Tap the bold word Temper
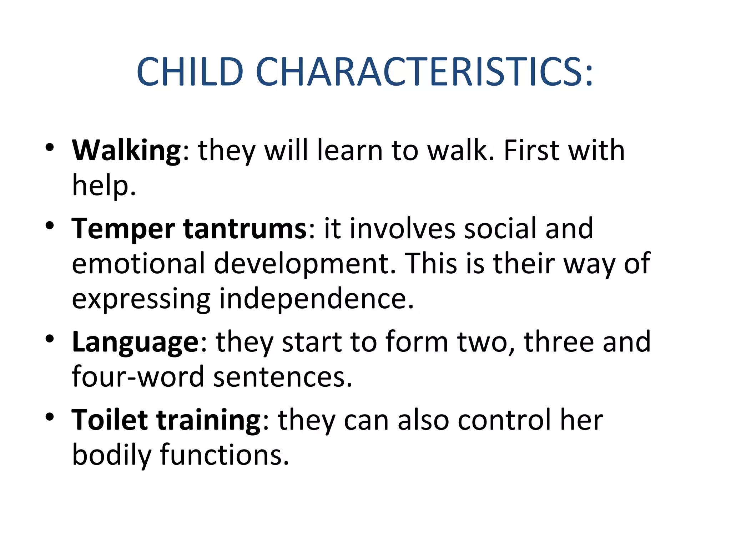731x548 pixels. pyautogui.click(x=123, y=229)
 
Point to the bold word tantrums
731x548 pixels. pyautogui.click(x=245, y=229)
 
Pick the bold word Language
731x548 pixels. pyautogui.click(x=135, y=342)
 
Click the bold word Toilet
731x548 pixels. pyautogui.click(x=110, y=420)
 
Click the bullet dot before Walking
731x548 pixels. pyautogui.click(x=50, y=147)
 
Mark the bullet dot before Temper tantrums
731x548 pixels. pyautogui.click(x=50, y=225)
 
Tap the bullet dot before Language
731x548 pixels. pyautogui.click(x=50, y=339)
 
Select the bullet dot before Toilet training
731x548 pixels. pyautogui.click(x=50, y=416)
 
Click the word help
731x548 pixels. pyautogui.click(x=104, y=186)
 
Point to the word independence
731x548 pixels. pyautogui.click(x=316, y=299)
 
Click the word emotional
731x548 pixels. pyautogui.click(x=138, y=264)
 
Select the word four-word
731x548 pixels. pyautogui.click(x=138, y=377)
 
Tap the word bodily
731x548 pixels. pyautogui.click(x=111, y=455)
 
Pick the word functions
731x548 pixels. pyautogui.click(x=224, y=455)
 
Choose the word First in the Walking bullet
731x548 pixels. pyautogui.click(x=531, y=150)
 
